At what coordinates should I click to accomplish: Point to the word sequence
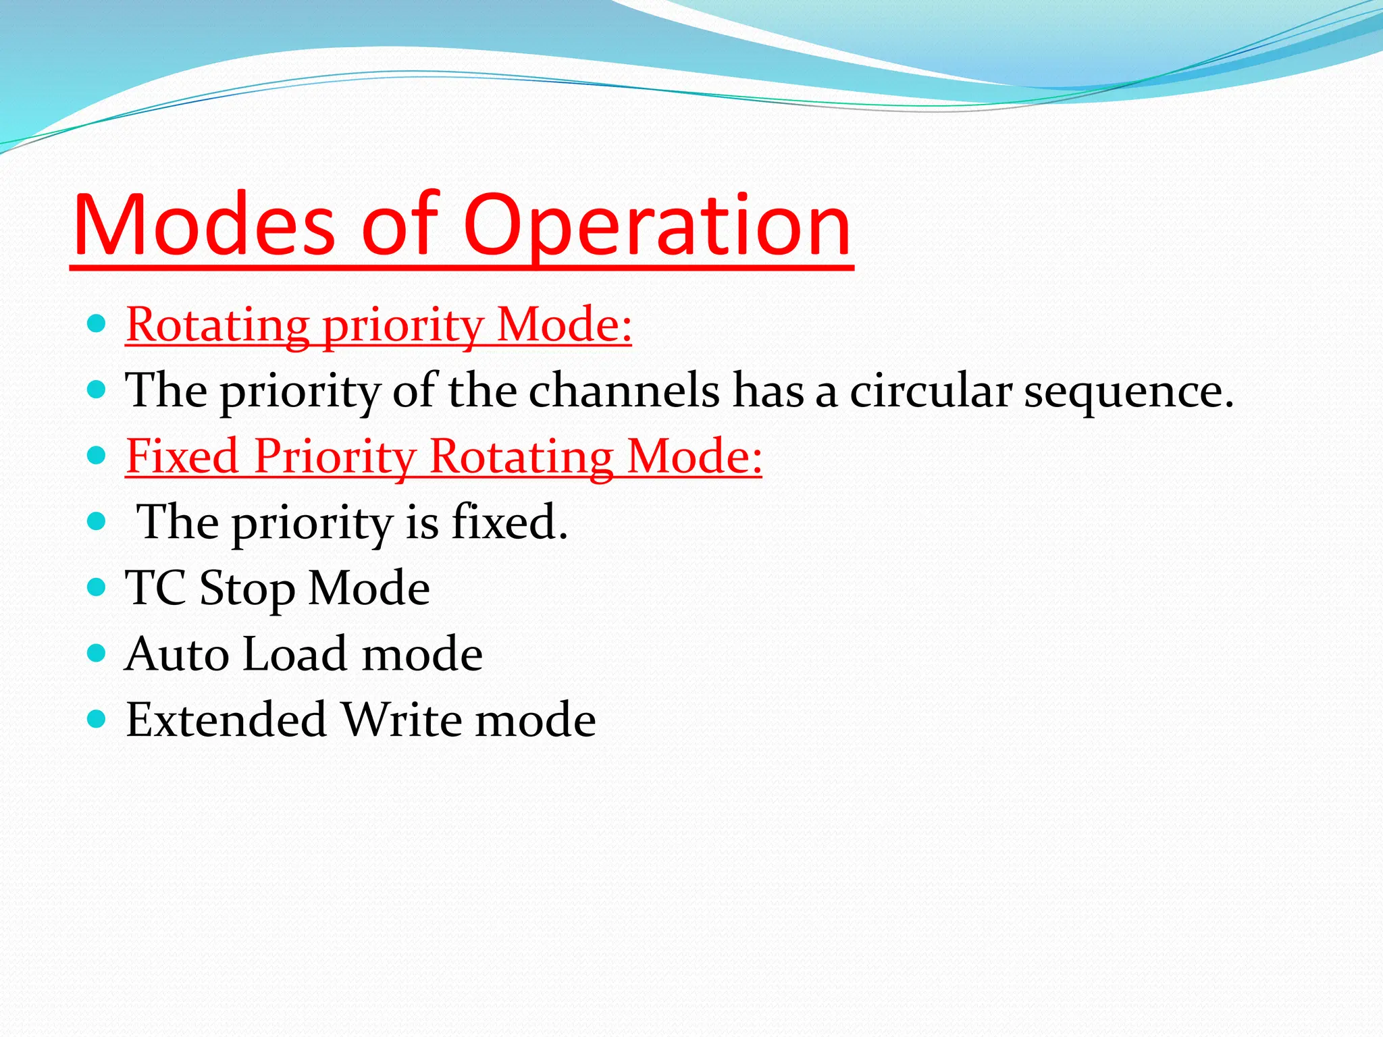tap(1128, 392)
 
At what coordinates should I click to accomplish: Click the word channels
tap(624, 391)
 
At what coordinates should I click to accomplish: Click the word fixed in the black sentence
tap(508, 522)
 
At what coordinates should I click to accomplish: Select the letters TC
tap(155, 587)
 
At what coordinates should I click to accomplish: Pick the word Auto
tap(177, 654)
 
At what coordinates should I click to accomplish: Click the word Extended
tap(226, 719)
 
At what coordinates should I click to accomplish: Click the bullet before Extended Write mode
tap(97, 718)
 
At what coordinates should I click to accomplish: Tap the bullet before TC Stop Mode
tap(97, 587)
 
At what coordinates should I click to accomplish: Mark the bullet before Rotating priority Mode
tap(97, 323)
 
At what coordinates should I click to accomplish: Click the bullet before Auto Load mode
tap(97, 653)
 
